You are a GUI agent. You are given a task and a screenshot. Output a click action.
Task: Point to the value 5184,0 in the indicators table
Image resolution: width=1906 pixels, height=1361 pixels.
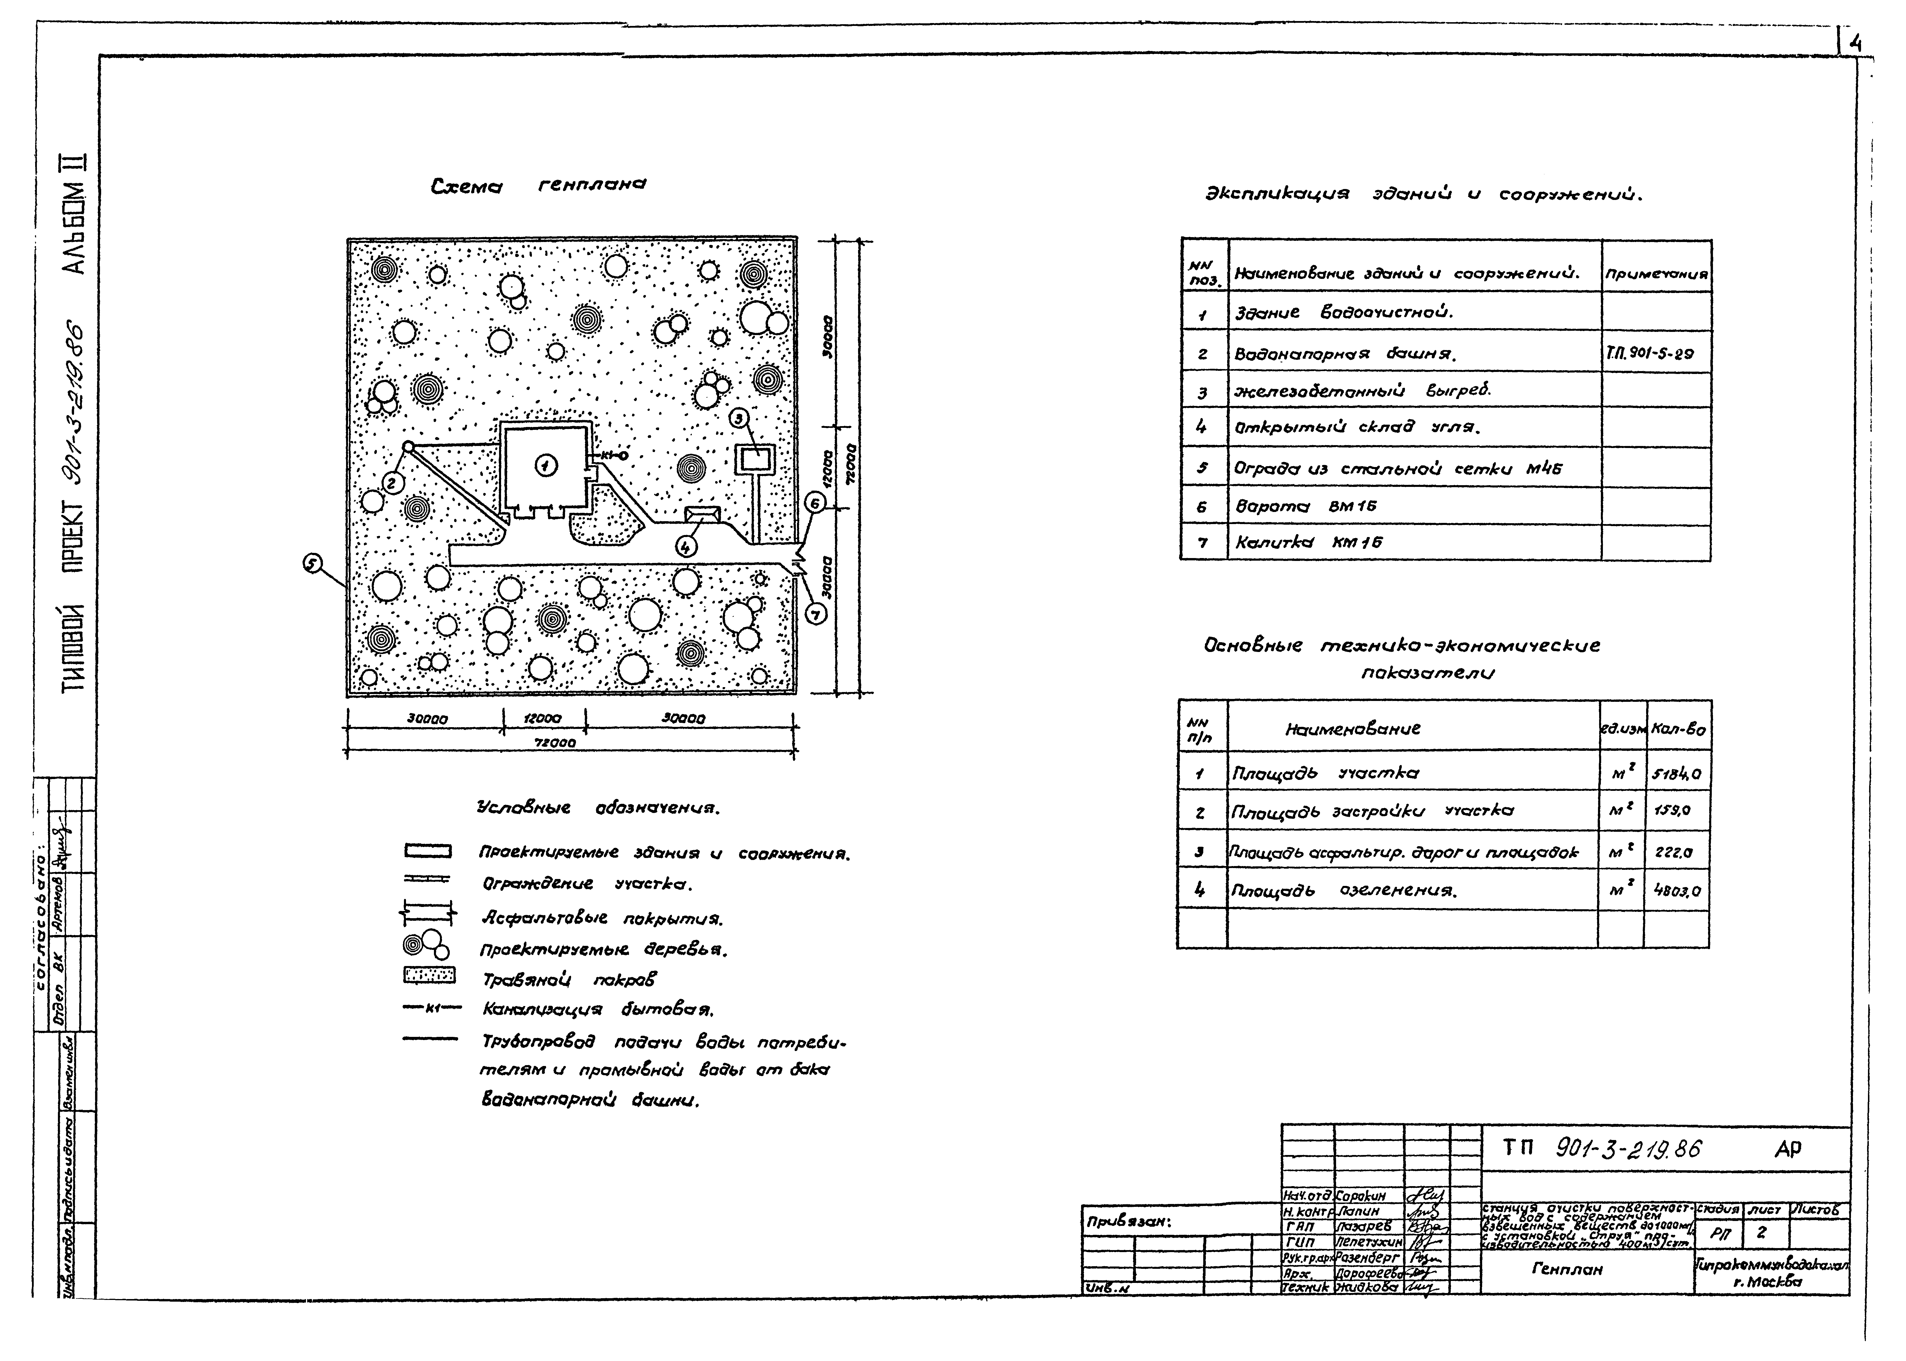pos(1676,774)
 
